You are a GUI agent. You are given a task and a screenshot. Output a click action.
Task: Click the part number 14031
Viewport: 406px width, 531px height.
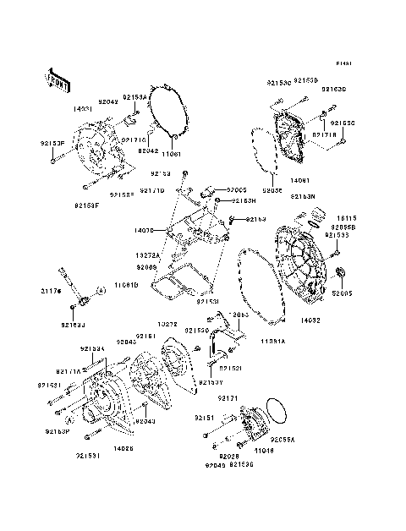(83, 109)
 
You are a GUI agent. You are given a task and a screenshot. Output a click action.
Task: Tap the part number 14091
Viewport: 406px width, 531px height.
(301, 180)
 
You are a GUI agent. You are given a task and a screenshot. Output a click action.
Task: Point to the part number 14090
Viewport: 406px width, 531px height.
(144, 229)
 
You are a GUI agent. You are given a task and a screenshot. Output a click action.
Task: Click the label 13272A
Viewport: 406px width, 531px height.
(148, 253)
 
